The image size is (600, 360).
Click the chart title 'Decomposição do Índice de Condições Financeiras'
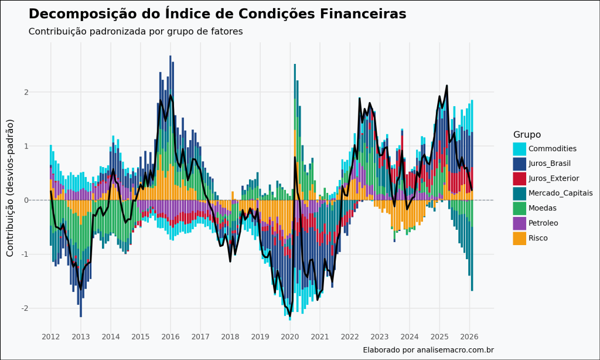pyautogui.click(x=217, y=13)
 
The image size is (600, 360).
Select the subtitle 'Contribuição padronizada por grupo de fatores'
pyautogui.click(x=135, y=31)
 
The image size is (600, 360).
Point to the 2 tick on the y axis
pyautogui.click(x=42, y=92)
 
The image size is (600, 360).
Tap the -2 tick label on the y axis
pyautogui.click(x=40, y=308)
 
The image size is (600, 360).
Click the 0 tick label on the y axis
pyautogui.click(x=42, y=200)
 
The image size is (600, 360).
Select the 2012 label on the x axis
pyautogui.click(x=50, y=337)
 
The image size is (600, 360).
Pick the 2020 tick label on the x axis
pyautogui.click(x=290, y=337)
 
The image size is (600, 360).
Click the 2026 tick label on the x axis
pyautogui.click(x=470, y=337)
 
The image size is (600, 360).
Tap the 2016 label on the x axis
pyautogui.click(x=171, y=337)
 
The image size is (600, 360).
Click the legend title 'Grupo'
pyautogui.click(x=527, y=134)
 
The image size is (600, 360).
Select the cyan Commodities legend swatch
pyautogui.click(x=520, y=149)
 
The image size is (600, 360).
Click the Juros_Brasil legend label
pyautogui.click(x=550, y=164)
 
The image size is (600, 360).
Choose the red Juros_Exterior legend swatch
pyautogui.click(x=520, y=178)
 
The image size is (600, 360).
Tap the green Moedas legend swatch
pyautogui.click(x=520, y=208)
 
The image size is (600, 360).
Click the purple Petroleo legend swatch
pyautogui.click(x=520, y=223)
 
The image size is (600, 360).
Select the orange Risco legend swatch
pyautogui.click(x=520, y=238)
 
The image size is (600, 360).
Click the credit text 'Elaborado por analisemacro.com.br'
pyautogui.click(x=428, y=350)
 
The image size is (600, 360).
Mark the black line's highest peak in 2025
pyautogui.click(x=446, y=86)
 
